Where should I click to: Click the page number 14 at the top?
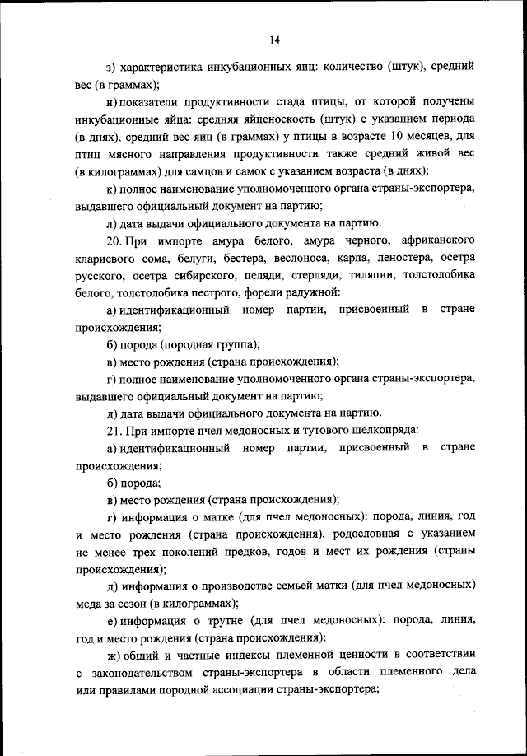[273, 39]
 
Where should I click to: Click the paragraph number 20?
[114, 240]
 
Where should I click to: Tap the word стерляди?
[310, 274]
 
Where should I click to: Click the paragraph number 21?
[114, 430]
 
